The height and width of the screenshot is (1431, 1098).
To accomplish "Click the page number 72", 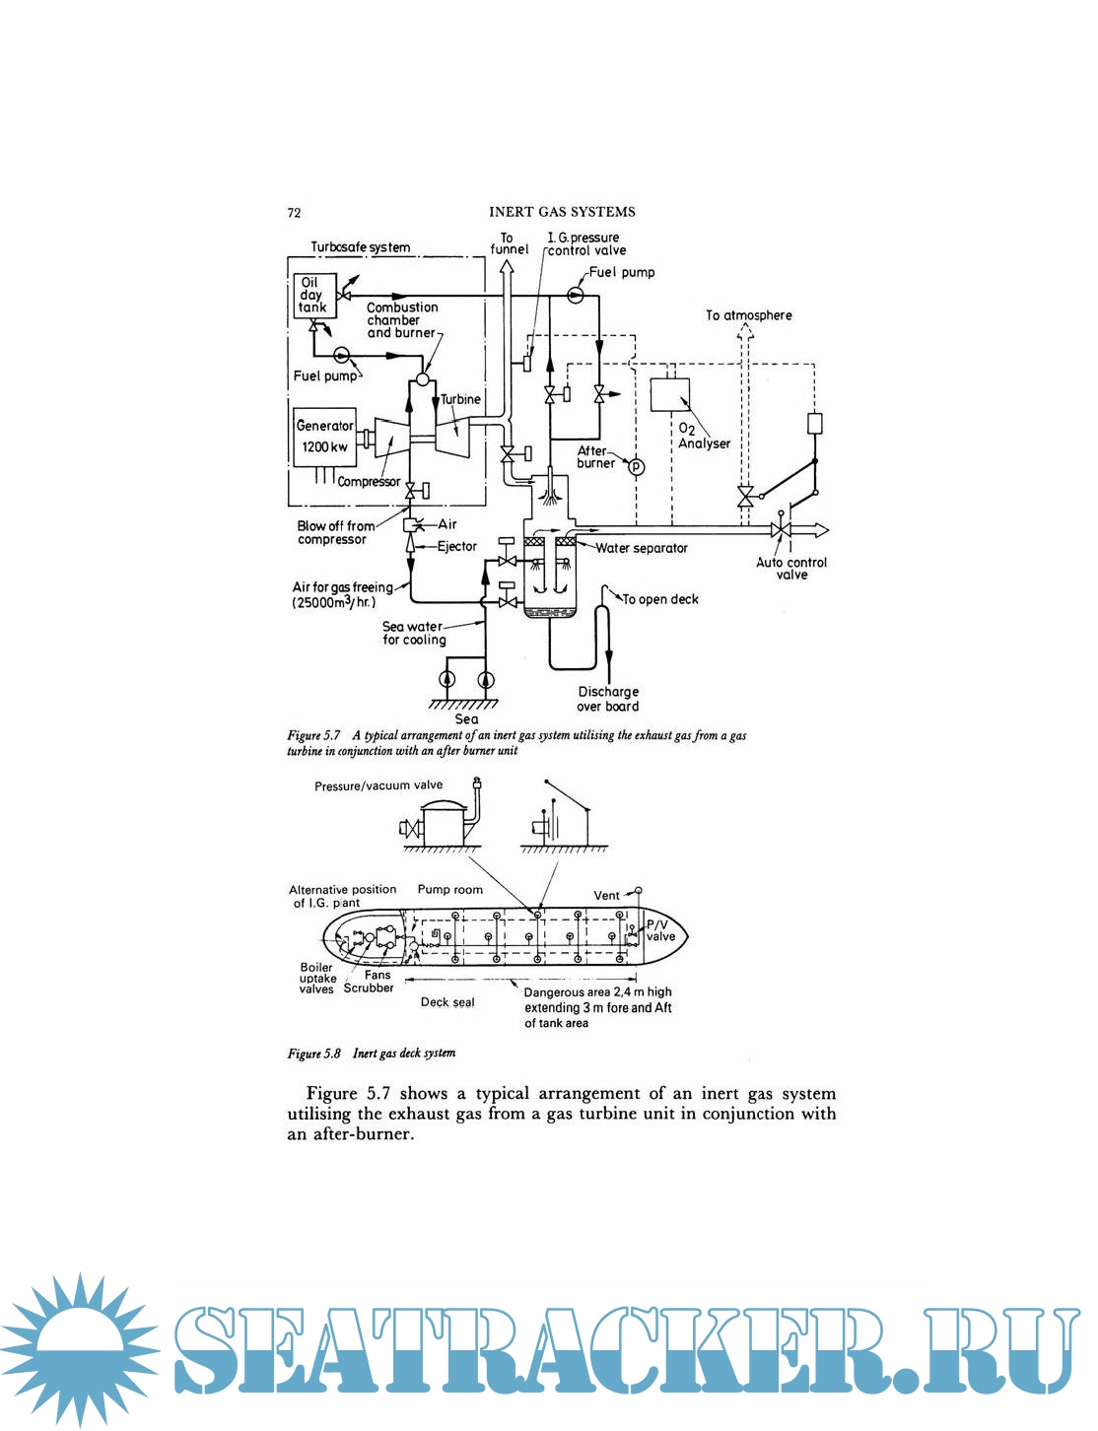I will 294,213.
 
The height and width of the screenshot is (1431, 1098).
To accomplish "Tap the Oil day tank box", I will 312,295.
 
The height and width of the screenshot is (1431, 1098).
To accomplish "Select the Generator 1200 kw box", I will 324,436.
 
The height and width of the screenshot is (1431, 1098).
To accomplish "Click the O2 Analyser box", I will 669,395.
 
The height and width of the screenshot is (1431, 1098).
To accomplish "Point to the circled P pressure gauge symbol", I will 636,466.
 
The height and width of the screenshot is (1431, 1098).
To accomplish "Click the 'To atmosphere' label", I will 748,315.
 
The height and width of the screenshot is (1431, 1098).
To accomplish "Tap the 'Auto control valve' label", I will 791,569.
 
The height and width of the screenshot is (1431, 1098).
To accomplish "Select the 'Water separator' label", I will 642,548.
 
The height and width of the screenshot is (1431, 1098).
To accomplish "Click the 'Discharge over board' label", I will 608,699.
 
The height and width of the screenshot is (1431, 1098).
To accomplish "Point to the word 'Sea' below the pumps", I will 466,719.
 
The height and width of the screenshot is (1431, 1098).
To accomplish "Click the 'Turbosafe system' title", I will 361,247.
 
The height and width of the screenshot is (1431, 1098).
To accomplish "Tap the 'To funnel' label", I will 509,243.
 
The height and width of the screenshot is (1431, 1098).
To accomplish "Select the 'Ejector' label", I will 457,546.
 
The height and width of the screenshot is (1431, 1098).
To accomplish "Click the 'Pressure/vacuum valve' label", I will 378,785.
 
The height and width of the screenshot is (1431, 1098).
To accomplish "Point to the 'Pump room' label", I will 449,889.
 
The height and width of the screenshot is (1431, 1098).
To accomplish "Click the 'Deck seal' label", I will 447,1002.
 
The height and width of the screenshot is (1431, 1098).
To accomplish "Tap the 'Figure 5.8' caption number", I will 313,1054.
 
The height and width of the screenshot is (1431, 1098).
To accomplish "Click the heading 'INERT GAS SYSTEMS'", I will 562,212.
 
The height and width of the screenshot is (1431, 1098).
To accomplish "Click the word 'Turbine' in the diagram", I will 460,399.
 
